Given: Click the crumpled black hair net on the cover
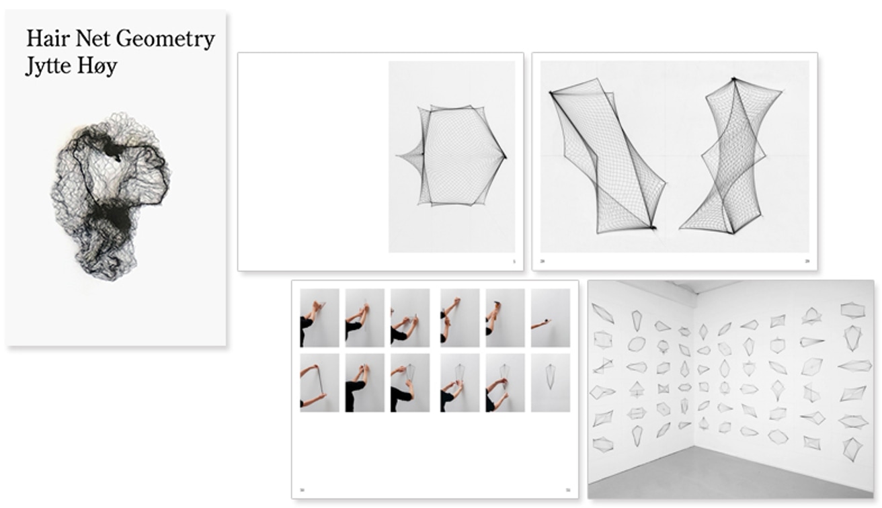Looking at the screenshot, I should coord(110,194).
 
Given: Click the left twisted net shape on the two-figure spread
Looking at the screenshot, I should coord(606,157).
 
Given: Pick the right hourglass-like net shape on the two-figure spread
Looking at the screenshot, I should coord(733,157).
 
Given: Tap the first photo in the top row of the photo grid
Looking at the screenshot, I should coord(319,318).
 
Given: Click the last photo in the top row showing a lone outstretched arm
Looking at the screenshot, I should coord(551,318).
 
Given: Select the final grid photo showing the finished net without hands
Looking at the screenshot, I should coord(551,382).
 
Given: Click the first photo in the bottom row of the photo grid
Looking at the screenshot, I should coord(319,382).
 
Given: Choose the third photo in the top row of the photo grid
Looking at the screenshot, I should coord(410,318).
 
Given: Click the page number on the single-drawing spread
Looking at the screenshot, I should coord(514,261).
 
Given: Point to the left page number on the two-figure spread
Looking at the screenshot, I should coord(543,261).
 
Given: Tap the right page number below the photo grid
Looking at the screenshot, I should coord(568,489).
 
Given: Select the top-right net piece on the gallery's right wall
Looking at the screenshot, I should coord(852,310).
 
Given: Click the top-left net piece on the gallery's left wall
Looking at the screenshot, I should coord(602,313).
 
